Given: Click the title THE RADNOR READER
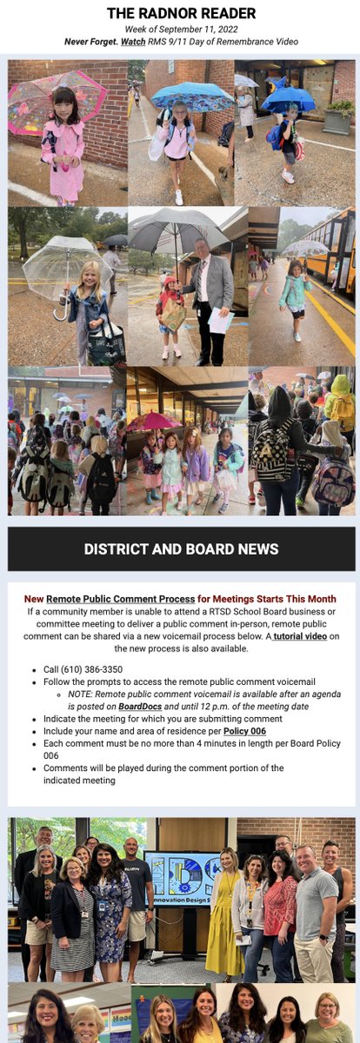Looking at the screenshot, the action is [181, 13].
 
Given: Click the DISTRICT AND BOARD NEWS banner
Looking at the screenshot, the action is [181, 548].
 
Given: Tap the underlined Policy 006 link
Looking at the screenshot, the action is [244, 732].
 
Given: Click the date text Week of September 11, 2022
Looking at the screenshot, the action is [180, 29].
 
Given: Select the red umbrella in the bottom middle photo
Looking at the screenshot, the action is [154, 421].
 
